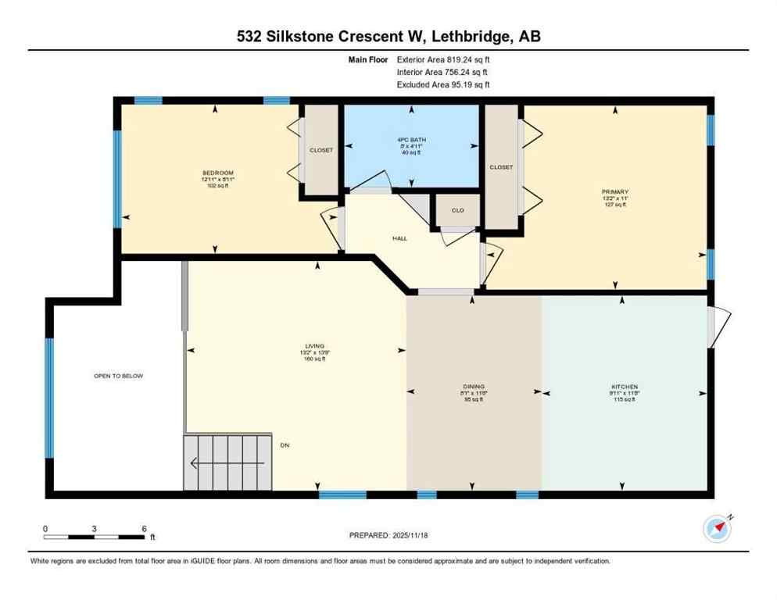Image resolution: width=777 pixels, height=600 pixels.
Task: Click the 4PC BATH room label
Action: tap(411, 141)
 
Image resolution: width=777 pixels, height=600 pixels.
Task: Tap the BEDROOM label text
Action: tap(218, 173)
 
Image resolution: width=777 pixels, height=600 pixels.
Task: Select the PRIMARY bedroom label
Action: tap(615, 191)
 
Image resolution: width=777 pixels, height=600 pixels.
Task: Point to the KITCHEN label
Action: tap(625, 387)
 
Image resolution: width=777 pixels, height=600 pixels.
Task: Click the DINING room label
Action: tap(474, 386)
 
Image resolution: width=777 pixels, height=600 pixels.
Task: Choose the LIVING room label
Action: tap(315, 346)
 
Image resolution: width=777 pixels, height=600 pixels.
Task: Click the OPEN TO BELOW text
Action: tap(119, 376)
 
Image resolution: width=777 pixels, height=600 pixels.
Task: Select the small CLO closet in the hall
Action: tap(457, 210)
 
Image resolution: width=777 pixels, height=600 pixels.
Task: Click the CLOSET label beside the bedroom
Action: tap(320, 150)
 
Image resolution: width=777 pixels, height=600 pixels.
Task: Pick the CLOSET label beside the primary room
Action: tap(501, 167)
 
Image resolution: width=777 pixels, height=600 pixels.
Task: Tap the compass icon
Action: tap(716, 528)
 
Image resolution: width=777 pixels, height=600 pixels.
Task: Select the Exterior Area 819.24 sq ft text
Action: tap(443, 59)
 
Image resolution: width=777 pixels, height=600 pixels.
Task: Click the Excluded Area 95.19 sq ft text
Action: tap(443, 84)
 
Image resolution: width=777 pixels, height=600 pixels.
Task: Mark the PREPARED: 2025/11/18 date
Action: tap(388, 535)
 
